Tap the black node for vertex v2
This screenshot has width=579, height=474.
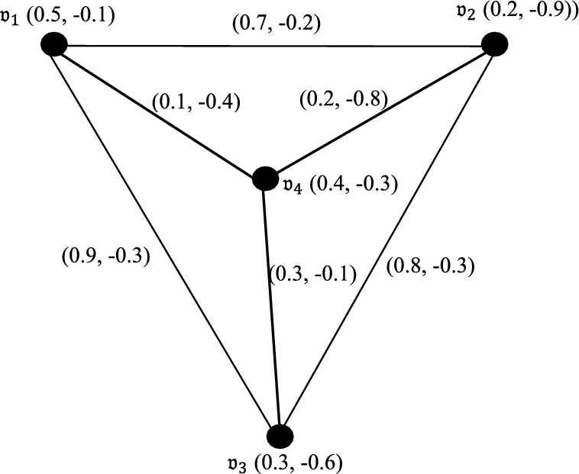(494, 44)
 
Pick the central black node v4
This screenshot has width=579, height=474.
(264, 179)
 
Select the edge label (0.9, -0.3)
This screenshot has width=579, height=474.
(105, 255)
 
